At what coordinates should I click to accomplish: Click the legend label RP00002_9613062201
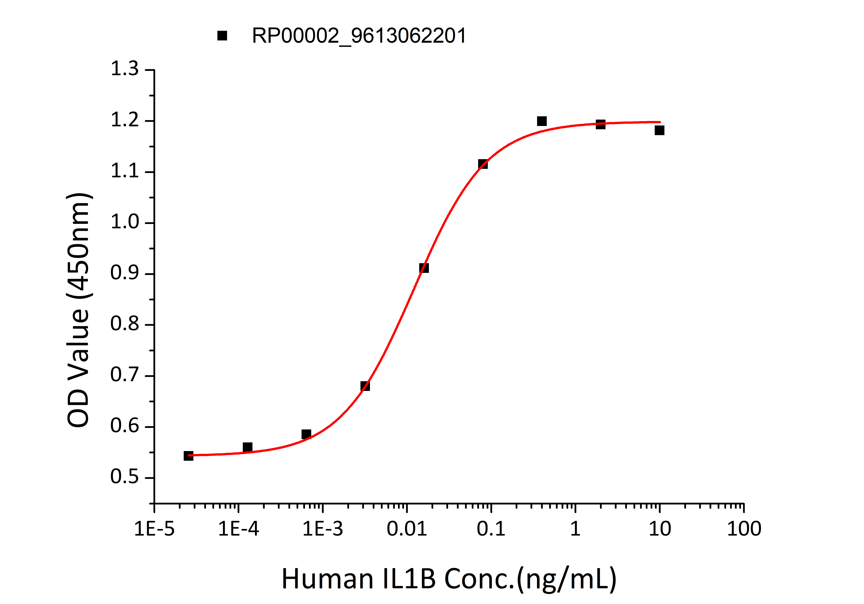pyautogui.click(x=359, y=36)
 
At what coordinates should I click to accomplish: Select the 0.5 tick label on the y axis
pyautogui.click(x=125, y=477)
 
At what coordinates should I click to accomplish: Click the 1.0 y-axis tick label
pyautogui.click(x=125, y=222)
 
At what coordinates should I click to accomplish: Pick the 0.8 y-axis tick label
pyautogui.click(x=125, y=324)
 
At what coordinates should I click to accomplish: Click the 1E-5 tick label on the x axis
pyautogui.click(x=154, y=529)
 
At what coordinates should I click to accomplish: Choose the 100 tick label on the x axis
pyautogui.click(x=744, y=529)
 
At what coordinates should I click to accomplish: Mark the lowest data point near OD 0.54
pyautogui.click(x=189, y=456)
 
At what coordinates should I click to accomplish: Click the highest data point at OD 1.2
pyautogui.click(x=542, y=121)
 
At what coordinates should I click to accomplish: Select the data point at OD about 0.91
pyautogui.click(x=424, y=268)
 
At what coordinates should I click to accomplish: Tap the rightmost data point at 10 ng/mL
pyautogui.click(x=659, y=130)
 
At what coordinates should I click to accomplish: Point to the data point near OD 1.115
pyautogui.click(x=483, y=164)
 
